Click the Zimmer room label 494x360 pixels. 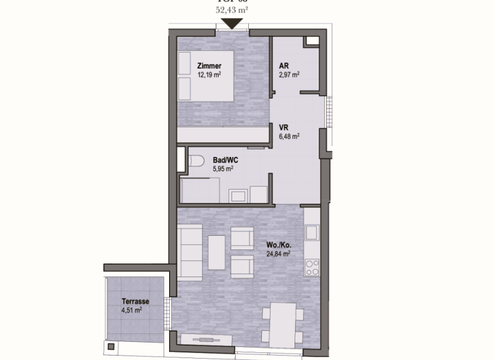[210, 66]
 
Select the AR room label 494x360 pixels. [284, 66]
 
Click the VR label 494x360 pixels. [284, 127]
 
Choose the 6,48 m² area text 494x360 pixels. [289, 136]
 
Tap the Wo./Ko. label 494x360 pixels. [279, 245]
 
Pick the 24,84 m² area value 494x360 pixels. [279, 254]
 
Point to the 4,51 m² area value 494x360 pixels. [132, 310]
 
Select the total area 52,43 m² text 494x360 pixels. [232, 10]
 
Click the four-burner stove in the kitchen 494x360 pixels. [312, 266]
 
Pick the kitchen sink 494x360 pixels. [312, 231]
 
